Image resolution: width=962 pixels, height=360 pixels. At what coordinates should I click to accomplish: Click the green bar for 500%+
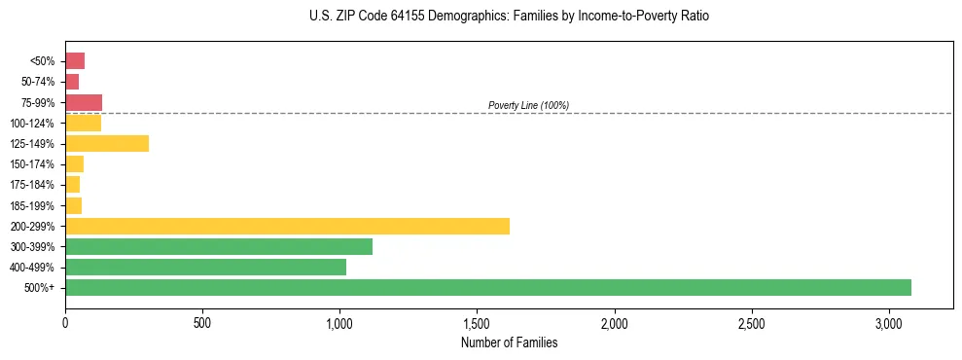click(488, 287)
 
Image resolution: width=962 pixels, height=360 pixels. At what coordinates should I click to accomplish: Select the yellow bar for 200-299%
click(287, 226)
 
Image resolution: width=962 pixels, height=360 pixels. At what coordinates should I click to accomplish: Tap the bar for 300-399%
click(219, 246)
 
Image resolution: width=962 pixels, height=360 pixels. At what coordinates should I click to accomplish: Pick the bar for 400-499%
click(205, 267)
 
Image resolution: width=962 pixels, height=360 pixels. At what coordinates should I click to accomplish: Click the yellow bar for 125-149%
click(107, 144)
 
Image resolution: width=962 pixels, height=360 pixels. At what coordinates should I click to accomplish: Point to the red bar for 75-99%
click(84, 102)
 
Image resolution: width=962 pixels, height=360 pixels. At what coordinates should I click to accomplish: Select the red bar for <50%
click(75, 61)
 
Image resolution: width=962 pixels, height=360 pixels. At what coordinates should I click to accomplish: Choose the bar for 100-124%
click(83, 123)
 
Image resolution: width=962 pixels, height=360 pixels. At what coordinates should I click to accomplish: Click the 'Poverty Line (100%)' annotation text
click(528, 105)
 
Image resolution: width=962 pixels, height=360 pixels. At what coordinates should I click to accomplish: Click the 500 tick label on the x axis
click(202, 322)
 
